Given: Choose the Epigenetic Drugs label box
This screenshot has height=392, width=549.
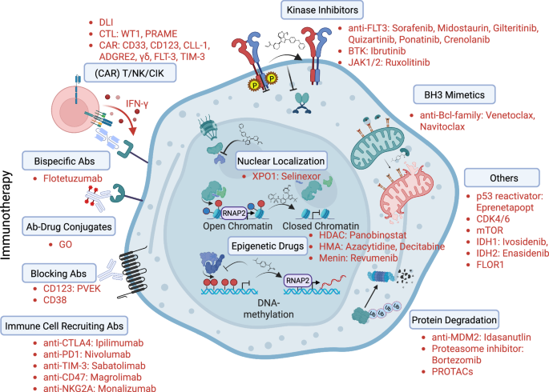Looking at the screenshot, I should [x=272, y=247].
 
